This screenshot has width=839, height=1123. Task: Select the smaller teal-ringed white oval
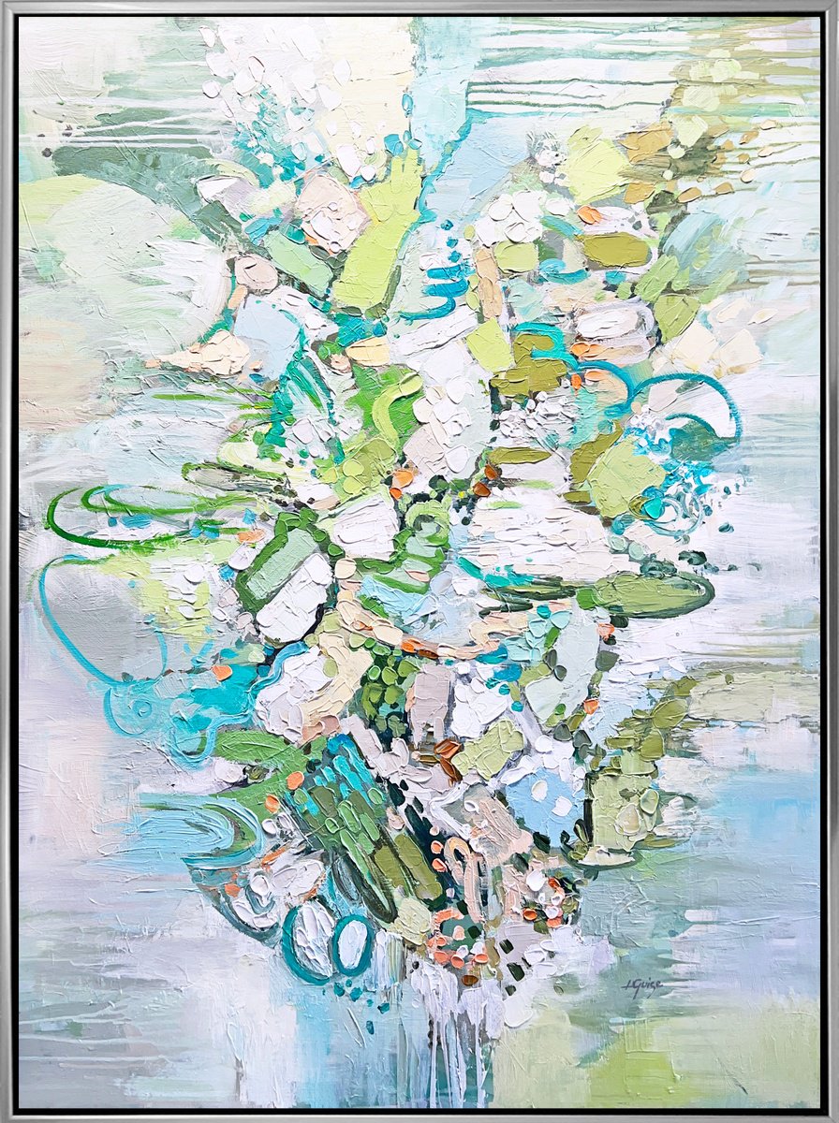click(353, 944)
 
